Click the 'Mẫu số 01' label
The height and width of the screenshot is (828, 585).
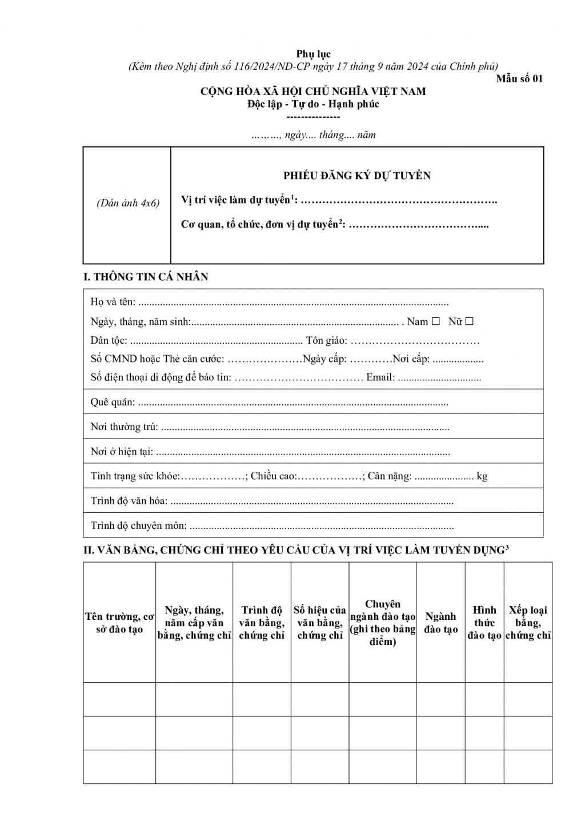tap(519, 79)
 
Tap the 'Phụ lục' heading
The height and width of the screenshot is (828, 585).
tap(313, 54)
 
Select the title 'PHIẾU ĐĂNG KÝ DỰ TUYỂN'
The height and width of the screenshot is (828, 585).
tap(357, 176)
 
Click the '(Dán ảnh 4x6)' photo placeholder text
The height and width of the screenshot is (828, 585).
tap(128, 203)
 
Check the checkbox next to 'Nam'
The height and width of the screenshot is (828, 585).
tap(436, 321)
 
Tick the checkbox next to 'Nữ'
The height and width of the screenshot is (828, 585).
tap(470, 321)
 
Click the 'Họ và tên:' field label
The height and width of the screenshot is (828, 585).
tap(113, 302)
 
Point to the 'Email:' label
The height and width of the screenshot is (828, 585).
tap(380, 377)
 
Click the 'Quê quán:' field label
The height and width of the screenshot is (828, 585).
tap(113, 402)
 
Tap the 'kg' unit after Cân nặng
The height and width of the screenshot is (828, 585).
tap(482, 476)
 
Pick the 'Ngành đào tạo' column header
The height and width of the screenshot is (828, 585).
tap(440, 623)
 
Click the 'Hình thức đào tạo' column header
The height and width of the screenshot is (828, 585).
tap(484, 623)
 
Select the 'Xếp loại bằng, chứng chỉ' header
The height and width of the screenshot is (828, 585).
tap(528, 623)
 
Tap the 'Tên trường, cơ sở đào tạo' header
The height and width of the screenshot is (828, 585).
tap(119, 623)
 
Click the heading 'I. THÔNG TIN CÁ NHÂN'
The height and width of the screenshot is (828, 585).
tap(146, 277)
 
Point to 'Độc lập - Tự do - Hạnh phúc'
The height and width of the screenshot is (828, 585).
tap(313, 104)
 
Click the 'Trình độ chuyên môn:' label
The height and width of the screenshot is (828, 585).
tap(138, 526)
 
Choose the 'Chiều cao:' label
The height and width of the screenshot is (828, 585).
tap(274, 476)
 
